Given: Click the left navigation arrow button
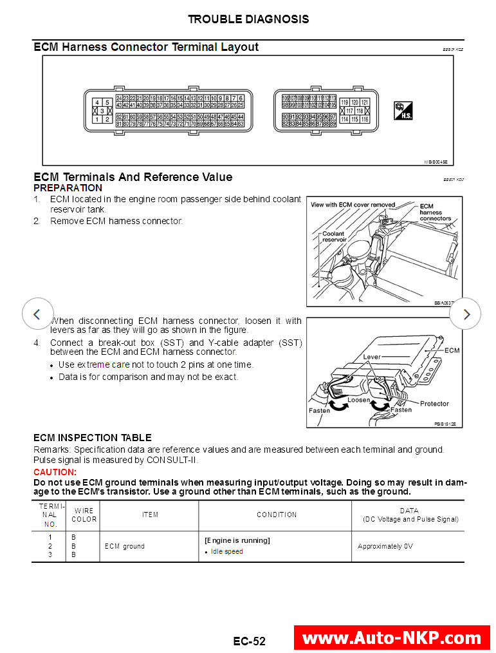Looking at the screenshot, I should coord(37,314).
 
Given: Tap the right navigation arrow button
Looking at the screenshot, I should coord(465,314).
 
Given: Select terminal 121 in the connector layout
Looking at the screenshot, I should coord(365,102).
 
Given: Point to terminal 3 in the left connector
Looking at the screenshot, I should coord(101,111).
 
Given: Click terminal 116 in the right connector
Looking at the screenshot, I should coord(365,119).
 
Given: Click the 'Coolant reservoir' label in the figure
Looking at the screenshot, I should coord(334,236).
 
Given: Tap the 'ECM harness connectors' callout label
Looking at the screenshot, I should coord(435,212).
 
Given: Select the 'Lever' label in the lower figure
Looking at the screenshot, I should coord(372,355).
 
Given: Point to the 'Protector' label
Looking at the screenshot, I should coord(434,404).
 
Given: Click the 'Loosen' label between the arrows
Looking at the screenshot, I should coord(358,400).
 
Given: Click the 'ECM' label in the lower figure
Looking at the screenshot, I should coord(452,350).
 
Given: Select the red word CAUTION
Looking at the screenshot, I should coord(55,472).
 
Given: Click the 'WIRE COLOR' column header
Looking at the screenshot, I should coord(84,515).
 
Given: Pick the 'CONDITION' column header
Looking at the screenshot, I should coord(277,515).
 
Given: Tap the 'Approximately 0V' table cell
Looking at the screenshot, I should coord(385,546).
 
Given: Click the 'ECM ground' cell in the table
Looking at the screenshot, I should coord(125,546).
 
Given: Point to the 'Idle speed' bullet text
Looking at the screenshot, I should coord(226,552).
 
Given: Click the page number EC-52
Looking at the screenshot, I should coord(249,641).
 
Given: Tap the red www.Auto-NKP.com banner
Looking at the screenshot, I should coord(391,638).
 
